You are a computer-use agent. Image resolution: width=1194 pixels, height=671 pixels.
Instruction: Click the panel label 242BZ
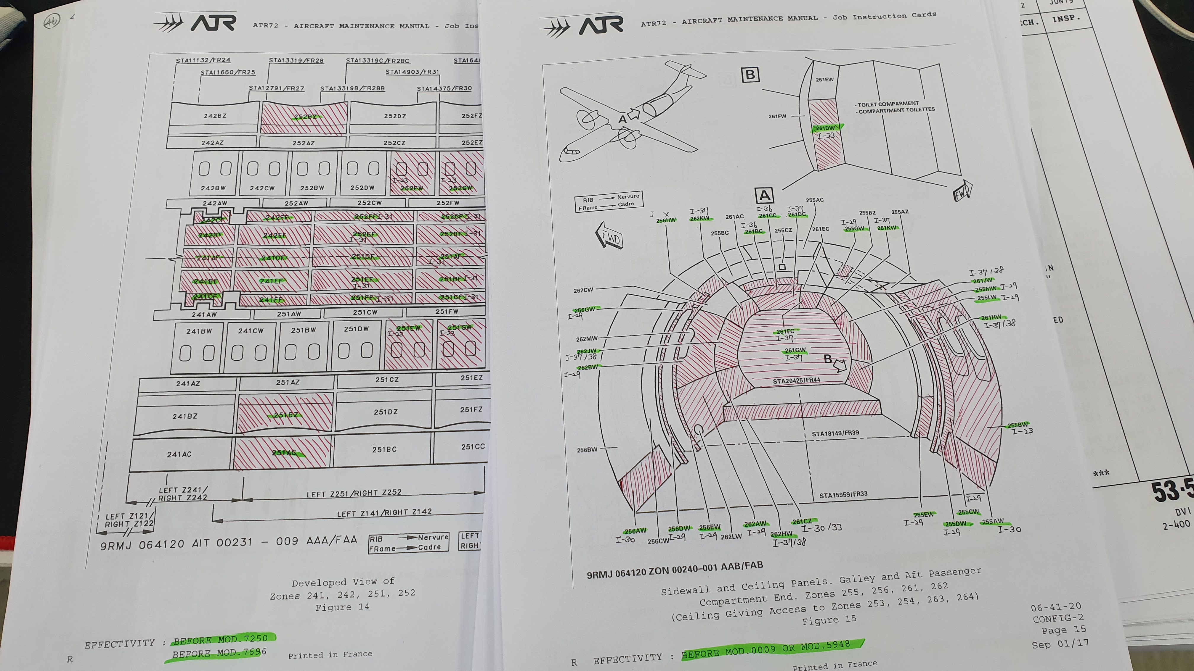(215, 115)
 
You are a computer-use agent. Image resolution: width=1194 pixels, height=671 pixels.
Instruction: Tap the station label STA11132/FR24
(203, 60)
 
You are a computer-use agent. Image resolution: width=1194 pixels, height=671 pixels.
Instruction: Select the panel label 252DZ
(395, 116)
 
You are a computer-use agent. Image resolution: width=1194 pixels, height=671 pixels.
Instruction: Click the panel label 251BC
(384, 449)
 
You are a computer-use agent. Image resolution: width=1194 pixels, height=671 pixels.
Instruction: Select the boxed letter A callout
(764, 196)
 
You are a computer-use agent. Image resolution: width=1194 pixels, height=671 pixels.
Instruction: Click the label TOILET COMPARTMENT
(888, 104)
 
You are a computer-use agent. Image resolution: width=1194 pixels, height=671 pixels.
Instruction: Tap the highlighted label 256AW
(635, 531)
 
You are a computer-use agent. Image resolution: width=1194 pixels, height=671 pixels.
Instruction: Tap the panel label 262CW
(583, 290)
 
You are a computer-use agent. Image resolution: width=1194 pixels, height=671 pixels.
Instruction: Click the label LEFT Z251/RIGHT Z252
(354, 493)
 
